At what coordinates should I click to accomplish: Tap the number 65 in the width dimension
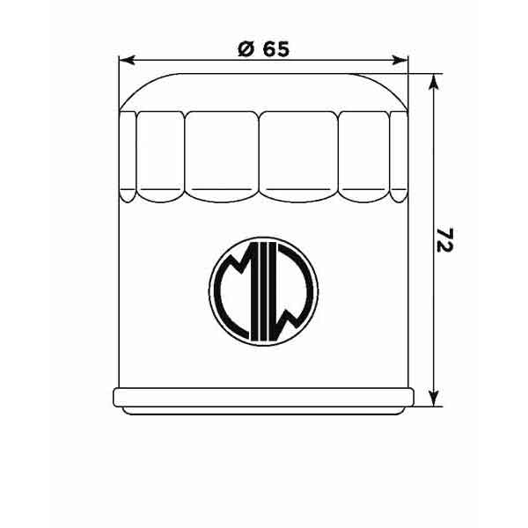tap(275, 50)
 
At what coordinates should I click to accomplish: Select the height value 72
tap(444, 240)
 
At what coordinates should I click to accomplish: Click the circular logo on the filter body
tap(263, 288)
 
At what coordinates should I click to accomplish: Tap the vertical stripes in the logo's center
tap(263, 290)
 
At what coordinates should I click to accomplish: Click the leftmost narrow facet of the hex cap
tap(128, 152)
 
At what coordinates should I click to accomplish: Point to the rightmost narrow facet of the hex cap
tap(400, 152)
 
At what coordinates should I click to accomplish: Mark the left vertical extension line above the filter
tap(118, 84)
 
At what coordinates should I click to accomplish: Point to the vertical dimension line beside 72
tap(432, 176)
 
